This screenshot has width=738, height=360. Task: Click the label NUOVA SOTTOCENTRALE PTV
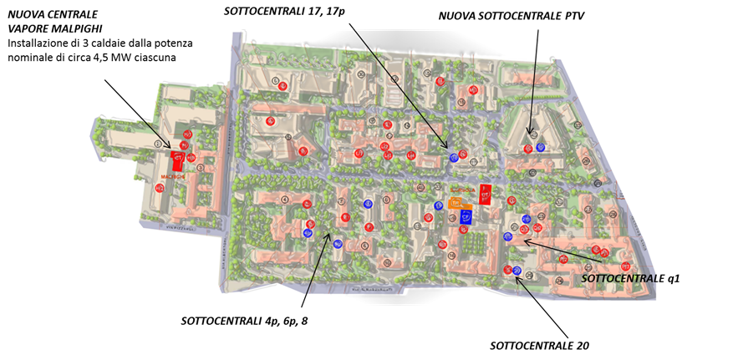click(x=512, y=17)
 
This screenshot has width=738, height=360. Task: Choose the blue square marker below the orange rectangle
click(x=466, y=218)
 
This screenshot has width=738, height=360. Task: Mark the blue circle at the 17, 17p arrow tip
click(x=454, y=157)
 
